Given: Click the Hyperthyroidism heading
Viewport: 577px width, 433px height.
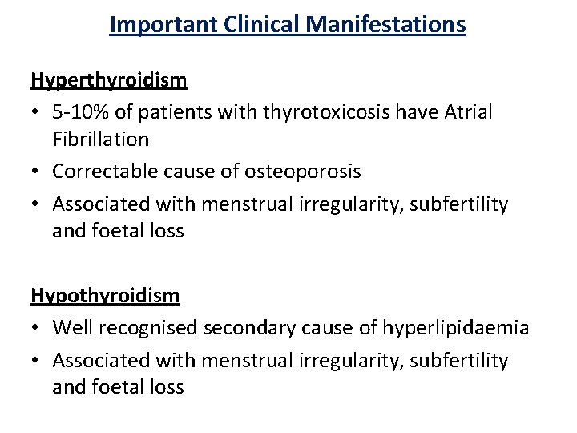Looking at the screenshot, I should coord(108,80).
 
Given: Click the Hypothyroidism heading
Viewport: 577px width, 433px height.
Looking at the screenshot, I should coord(105,296).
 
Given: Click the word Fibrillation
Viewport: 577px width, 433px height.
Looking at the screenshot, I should coord(101,140).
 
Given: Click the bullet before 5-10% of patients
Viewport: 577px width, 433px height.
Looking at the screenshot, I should coord(36,111).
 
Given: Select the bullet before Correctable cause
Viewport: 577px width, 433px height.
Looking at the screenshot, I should coord(36,172).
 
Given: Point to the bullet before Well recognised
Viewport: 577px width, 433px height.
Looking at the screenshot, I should coord(36,328).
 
